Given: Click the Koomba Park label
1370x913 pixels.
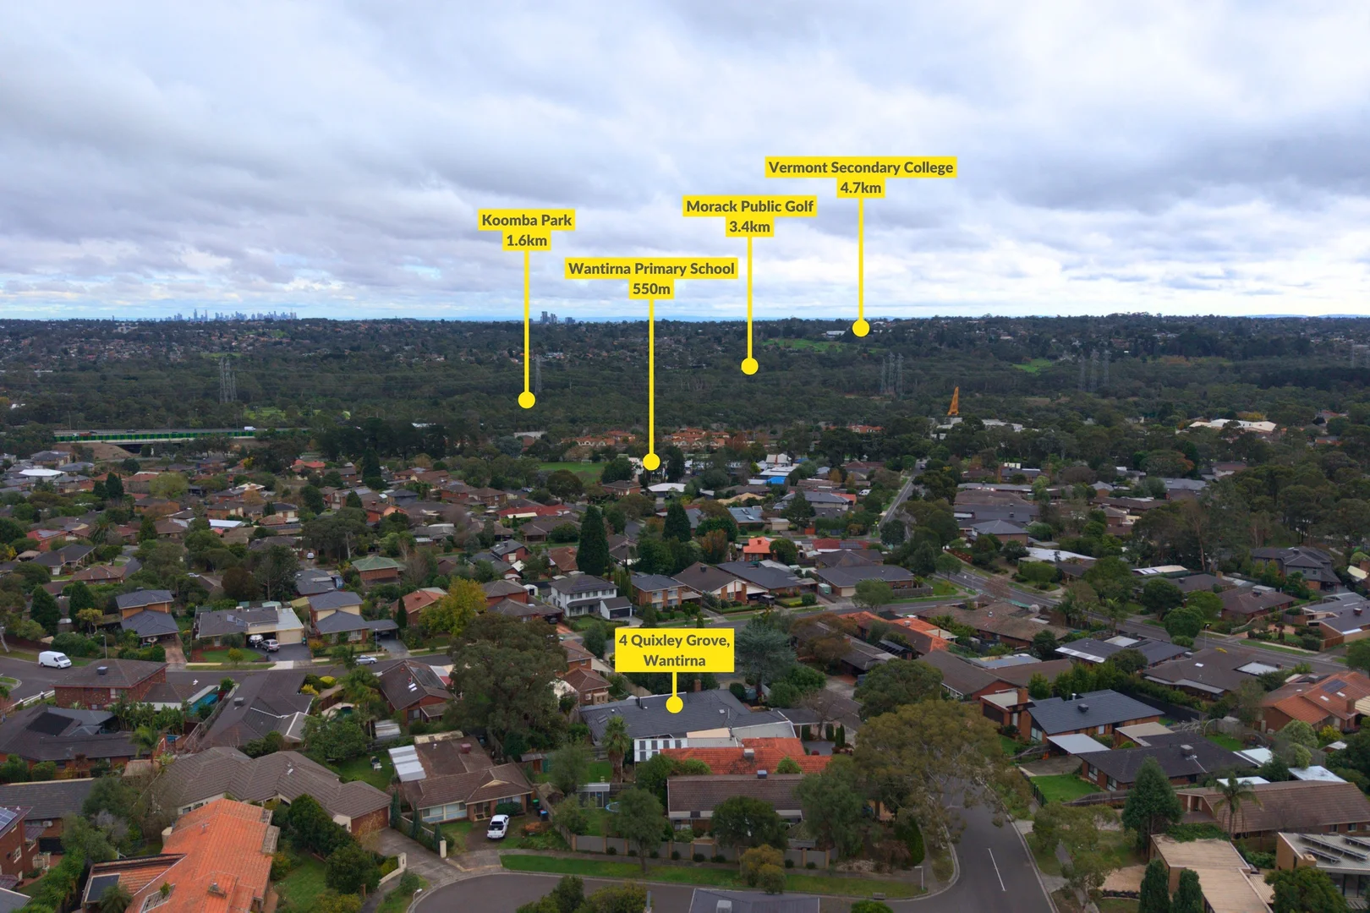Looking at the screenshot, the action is coord(527,220).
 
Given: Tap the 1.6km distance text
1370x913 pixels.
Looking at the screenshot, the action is coord(527,240).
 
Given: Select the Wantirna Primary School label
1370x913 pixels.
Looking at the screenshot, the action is coord(651,269).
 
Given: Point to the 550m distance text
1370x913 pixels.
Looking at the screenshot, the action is coord(651,288).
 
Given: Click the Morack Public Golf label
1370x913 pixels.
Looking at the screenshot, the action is coord(749,206).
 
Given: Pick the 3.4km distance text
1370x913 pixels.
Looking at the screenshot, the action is coord(749,227).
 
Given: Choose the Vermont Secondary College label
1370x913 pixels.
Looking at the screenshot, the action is coord(861,167).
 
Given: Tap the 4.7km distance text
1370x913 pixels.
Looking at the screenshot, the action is coord(861,188).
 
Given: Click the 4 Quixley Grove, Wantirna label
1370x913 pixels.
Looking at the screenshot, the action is coord(674,650).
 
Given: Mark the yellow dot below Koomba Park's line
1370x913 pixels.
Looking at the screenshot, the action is coord(527,400).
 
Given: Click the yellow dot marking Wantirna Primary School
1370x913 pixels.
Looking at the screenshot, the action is coord(651,462).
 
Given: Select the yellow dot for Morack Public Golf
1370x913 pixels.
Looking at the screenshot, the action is coord(749,366).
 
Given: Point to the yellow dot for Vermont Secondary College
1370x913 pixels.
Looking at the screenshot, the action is coord(861,328).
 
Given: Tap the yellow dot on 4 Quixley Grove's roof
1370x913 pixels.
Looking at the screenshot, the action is coord(674,704).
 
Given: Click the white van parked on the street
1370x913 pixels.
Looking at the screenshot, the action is coord(54,659).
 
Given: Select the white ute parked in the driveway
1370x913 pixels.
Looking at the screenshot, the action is coord(498,826).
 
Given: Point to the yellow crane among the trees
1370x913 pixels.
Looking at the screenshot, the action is coord(953,402).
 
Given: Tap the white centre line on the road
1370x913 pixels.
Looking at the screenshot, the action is coord(996,869).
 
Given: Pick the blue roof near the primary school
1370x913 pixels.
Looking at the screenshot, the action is coord(776,480).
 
